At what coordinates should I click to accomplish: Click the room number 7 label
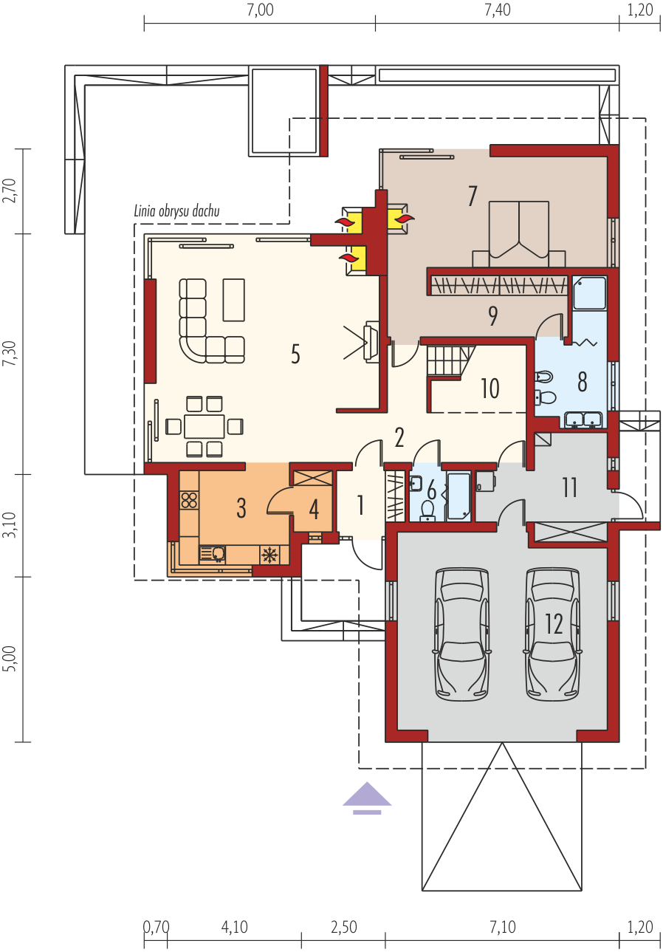pyautogui.click(x=473, y=196)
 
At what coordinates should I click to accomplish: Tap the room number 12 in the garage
pyautogui.click(x=554, y=624)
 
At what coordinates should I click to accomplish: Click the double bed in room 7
pyautogui.click(x=518, y=234)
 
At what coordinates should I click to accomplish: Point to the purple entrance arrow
pyautogui.click(x=367, y=798)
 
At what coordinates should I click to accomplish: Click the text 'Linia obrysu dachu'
pyautogui.click(x=176, y=211)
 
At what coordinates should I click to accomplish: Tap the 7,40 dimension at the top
pyautogui.click(x=498, y=10)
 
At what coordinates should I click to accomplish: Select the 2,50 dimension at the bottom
pyautogui.click(x=343, y=926)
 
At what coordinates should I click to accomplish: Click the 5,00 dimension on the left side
pyautogui.click(x=10, y=659)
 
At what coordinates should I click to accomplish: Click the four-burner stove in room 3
pyautogui.click(x=189, y=500)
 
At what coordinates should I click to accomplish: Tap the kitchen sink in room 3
pyautogui.click(x=213, y=554)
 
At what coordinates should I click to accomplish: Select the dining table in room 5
pyautogui.click(x=204, y=426)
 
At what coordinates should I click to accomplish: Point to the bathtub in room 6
pyautogui.click(x=458, y=496)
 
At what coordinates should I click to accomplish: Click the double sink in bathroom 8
pyautogui.click(x=583, y=419)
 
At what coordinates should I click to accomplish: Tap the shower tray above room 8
pyautogui.click(x=589, y=292)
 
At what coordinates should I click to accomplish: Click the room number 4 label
pyautogui.click(x=314, y=509)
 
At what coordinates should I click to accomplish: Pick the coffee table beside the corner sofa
pyautogui.click(x=233, y=300)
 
